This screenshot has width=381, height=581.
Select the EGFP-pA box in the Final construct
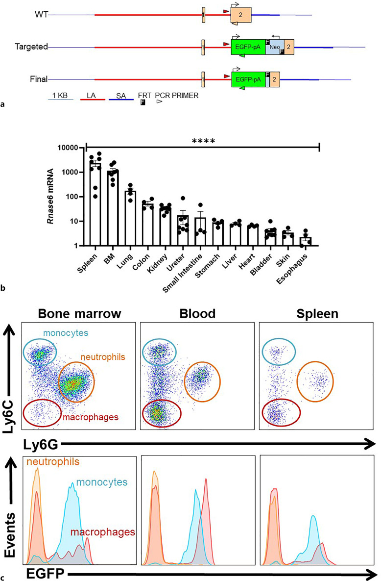tap(248, 78)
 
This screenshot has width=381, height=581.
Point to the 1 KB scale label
tap(61, 95)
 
